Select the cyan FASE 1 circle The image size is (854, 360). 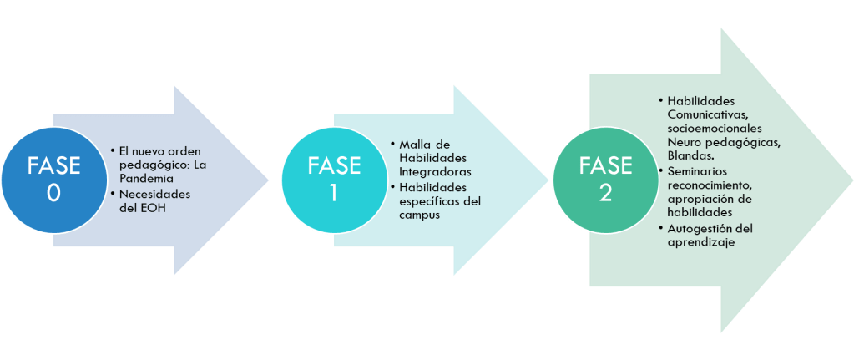[x=333, y=179]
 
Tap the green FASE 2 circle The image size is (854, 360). [x=604, y=179]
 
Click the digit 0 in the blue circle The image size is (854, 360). [x=53, y=193]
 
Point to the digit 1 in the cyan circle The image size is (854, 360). [x=333, y=193]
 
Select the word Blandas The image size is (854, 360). [x=690, y=155]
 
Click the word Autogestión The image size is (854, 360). [x=700, y=228]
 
